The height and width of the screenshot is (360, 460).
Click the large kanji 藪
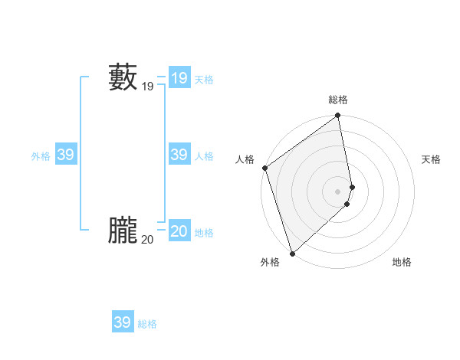123,78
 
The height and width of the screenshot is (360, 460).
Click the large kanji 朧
123,231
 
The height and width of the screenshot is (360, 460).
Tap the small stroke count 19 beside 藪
148,87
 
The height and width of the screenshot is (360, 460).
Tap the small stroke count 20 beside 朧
147,240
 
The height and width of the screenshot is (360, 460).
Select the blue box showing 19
179,78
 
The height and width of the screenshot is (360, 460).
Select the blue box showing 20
179,231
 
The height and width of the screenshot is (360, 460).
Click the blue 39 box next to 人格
179,155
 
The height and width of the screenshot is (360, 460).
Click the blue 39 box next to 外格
65,155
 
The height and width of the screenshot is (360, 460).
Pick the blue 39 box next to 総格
122,322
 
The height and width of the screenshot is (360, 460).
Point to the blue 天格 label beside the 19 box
204,80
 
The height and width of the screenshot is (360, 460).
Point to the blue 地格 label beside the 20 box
204,233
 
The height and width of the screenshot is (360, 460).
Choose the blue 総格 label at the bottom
147,324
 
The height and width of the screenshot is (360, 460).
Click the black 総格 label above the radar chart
338,100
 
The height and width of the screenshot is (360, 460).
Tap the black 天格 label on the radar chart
431,159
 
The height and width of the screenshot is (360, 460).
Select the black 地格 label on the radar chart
402,262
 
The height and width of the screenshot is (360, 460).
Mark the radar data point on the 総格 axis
338,116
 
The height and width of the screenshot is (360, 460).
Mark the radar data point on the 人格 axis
264,168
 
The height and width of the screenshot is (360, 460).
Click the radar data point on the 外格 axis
292,254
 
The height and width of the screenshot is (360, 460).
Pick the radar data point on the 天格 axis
353,187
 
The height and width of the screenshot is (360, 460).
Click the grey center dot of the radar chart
338,191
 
